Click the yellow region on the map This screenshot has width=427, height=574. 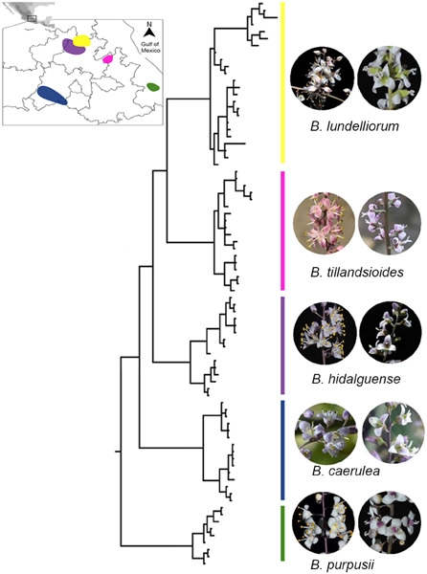(x=81, y=41)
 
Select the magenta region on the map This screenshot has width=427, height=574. (x=107, y=58)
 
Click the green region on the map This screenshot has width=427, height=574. (x=153, y=87)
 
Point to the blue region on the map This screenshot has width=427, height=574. (x=52, y=95)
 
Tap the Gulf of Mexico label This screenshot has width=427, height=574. (x=151, y=47)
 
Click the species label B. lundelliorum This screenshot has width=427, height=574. (x=354, y=126)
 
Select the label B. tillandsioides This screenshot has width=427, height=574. (x=356, y=273)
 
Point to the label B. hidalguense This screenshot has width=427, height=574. (x=355, y=379)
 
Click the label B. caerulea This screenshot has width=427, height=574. (x=346, y=471)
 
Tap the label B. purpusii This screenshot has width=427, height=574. (x=343, y=564)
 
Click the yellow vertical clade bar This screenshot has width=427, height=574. (x=282, y=82)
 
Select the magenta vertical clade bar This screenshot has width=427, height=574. (x=282, y=231)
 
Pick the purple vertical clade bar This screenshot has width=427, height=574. (x=282, y=345)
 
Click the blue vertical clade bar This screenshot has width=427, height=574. (x=282, y=450)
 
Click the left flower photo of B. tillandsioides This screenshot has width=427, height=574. (x=325, y=223)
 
